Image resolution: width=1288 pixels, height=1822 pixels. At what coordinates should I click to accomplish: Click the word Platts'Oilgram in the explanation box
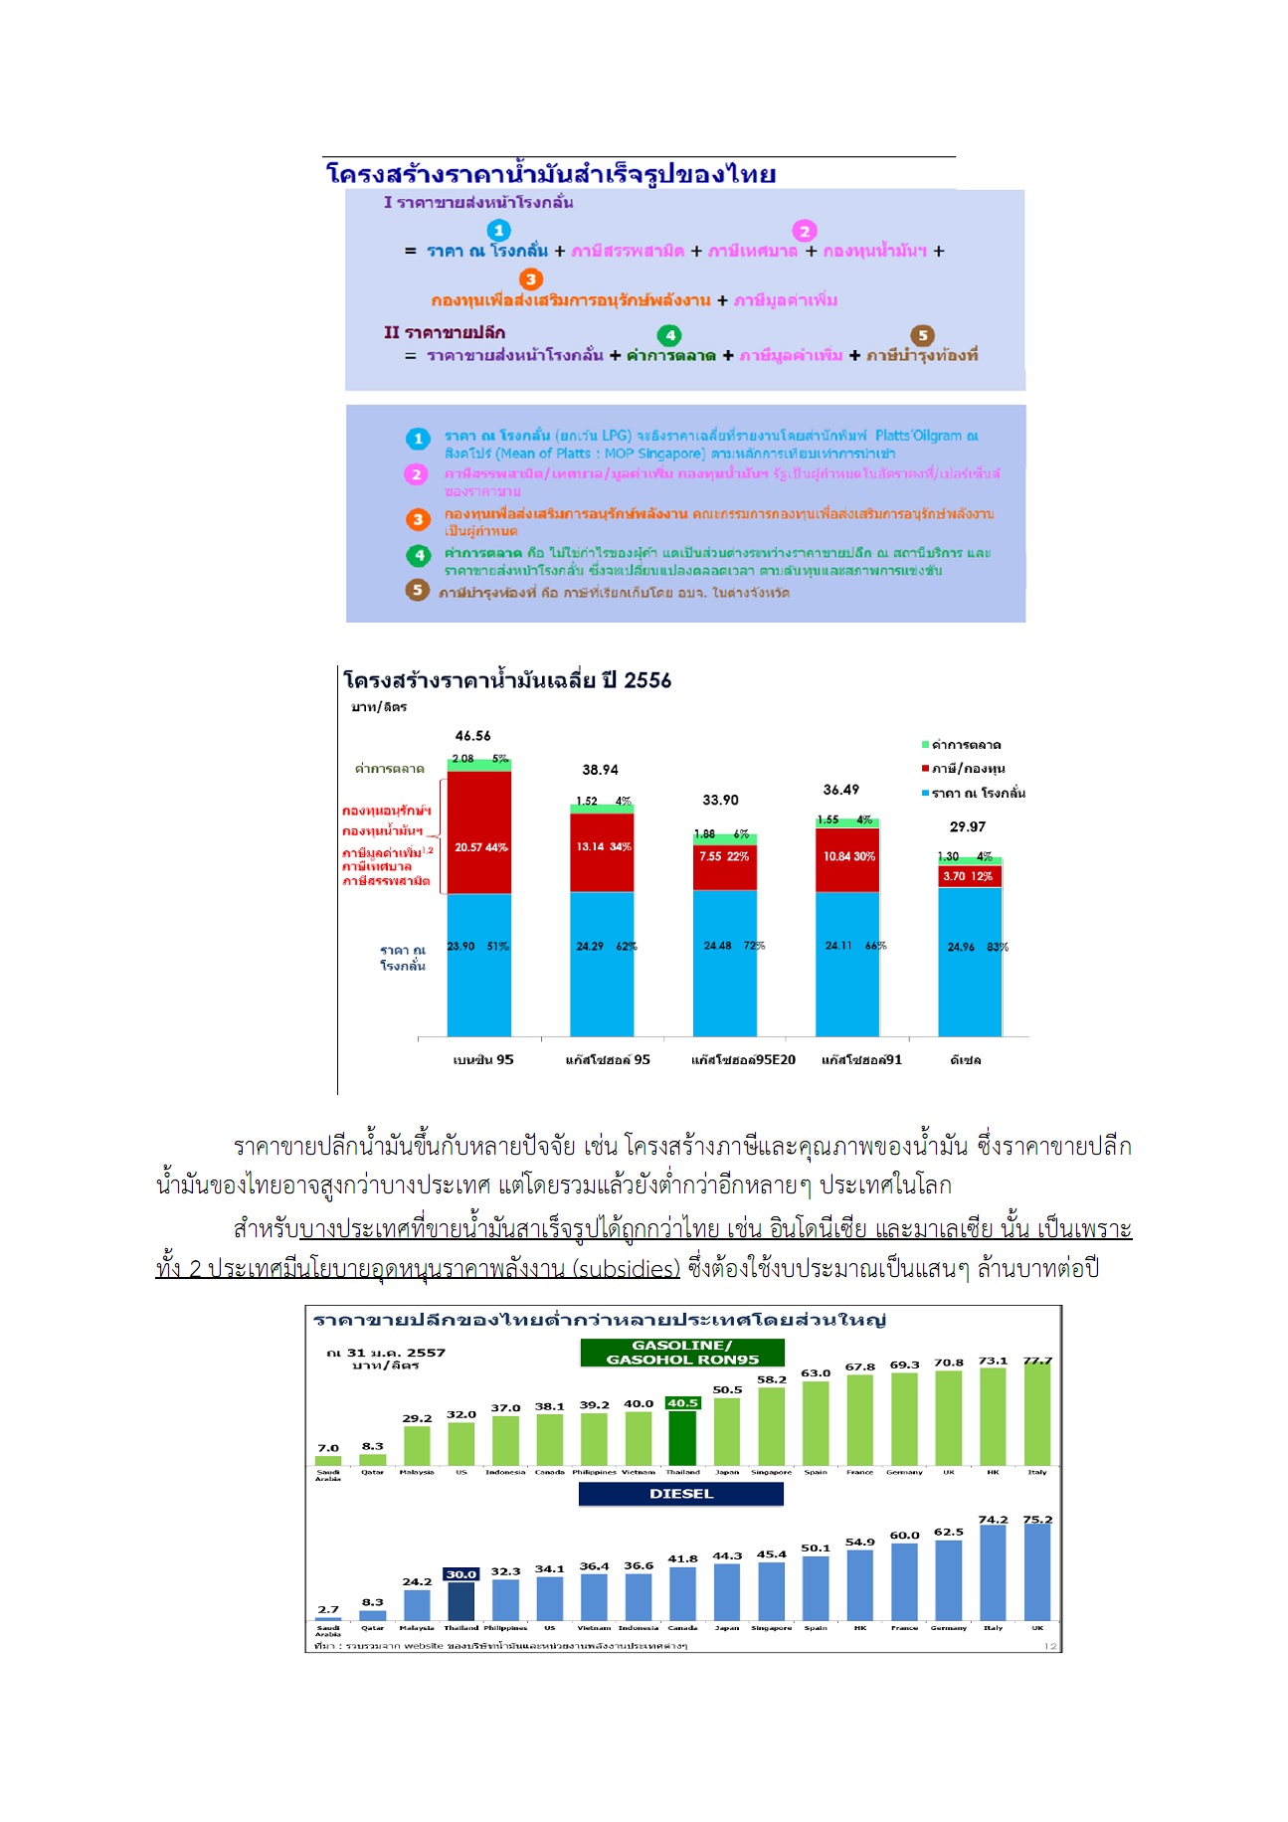click(x=919, y=436)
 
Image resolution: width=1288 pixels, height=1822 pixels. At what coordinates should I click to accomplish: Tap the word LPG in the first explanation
click(x=616, y=436)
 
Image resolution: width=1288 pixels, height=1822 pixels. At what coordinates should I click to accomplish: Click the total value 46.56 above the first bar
click(x=472, y=736)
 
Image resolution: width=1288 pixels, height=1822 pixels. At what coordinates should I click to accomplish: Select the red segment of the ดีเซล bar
click(x=970, y=876)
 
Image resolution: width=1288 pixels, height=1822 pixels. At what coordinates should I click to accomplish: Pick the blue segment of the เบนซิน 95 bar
click(x=479, y=965)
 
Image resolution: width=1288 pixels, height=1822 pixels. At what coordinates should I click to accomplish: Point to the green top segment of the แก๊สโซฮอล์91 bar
click(x=846, y=820)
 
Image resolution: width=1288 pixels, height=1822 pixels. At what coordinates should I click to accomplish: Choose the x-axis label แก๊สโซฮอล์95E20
click(x=743, y=1060)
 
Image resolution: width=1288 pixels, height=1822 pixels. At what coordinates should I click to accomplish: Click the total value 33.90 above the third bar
click(x=720, y=800)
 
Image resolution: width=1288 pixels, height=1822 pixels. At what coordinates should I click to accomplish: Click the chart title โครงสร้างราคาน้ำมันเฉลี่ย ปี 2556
click(x=507, y=681)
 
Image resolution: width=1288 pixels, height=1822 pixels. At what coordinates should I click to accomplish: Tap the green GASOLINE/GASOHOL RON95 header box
click(x=682, y=1353)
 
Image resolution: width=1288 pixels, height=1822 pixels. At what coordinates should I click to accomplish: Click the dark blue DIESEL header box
click(x=681, y=1494)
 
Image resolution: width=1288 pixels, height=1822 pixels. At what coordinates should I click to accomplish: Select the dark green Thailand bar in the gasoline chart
click(x=682, y=1437)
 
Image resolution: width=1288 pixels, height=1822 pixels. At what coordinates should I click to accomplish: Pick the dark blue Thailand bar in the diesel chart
click(x=460, y=1601)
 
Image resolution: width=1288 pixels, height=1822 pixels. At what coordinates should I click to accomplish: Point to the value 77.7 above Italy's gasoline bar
click(x=1037, y=1361)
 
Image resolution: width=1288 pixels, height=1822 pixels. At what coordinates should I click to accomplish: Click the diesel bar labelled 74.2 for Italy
click(x=993, y=1572)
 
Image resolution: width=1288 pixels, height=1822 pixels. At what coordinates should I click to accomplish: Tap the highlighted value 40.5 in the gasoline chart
click(x=682, y=1403)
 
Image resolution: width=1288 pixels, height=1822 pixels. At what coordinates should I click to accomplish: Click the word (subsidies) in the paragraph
click(x=626, y=1269)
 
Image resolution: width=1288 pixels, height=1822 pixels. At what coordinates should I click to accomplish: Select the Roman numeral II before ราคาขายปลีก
click(x=392, y=332)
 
